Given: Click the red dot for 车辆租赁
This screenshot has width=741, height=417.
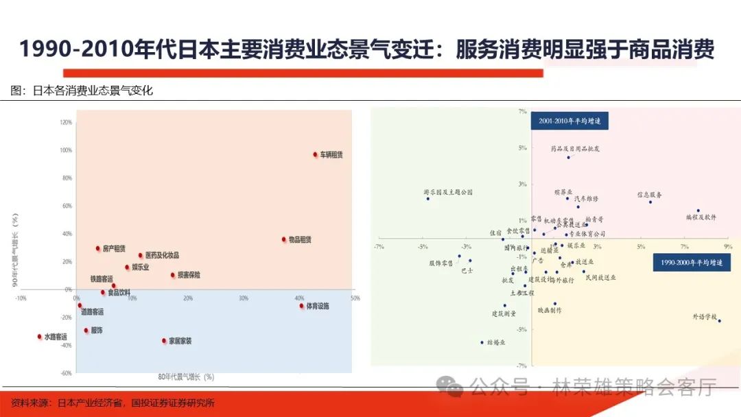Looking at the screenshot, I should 315,154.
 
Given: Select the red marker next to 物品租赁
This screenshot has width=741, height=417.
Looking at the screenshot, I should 283,239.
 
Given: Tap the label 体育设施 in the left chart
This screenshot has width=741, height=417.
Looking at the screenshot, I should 317,306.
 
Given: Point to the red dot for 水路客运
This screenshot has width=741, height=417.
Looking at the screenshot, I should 39,336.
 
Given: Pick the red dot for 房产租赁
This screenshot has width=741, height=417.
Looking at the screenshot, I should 97,248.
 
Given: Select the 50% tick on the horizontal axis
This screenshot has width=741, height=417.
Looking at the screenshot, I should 355,298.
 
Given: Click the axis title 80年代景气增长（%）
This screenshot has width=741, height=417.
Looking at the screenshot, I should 186,377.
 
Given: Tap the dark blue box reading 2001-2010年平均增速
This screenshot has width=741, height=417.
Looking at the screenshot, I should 569,121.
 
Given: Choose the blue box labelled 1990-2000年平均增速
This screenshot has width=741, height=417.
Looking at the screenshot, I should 692,263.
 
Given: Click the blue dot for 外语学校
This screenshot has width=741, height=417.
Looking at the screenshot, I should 719,320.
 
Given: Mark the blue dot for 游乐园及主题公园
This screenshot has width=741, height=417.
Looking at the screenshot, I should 428,198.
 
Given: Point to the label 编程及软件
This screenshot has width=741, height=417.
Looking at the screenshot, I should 701,217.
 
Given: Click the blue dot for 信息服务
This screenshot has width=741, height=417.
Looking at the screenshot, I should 650,202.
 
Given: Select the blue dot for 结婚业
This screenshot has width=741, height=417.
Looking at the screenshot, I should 482,342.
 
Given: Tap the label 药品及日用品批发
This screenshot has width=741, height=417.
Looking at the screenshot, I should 575,148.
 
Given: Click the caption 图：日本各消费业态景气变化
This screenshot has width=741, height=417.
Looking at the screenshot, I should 82,91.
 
